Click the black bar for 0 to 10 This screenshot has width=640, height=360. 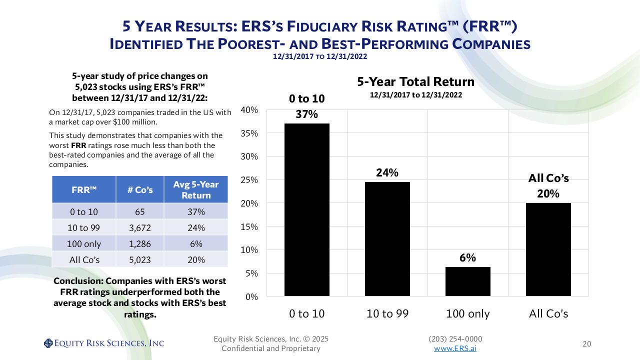[x=306, y=209]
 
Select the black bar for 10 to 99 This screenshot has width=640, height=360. [x=387, y=238]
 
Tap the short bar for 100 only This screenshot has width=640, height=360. [x=468, y=281]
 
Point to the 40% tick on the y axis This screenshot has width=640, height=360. [x=249, y=110]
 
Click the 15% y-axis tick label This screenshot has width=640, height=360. [x=249, y=226]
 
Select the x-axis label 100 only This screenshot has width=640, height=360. [x=468, y=314]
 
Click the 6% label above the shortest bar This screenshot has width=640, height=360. [x=468, y=258]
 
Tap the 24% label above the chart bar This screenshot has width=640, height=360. [x=387, y=173]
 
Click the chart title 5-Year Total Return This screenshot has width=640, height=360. [x=415, y=81]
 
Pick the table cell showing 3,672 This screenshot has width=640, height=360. [x=140, y=227]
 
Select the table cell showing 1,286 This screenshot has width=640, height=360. [x=140, y=244]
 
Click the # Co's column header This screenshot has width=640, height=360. [x=140, y=189]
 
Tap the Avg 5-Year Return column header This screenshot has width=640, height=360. [x=196, y=189]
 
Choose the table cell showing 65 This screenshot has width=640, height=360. [x=140, y=211]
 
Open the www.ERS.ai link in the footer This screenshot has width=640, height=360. [x=455, y=348]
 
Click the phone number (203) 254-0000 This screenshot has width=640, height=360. [x=455, y=339]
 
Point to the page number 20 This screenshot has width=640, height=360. [x=587, y=344]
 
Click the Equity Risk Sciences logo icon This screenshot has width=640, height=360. [x=48, y=343]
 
